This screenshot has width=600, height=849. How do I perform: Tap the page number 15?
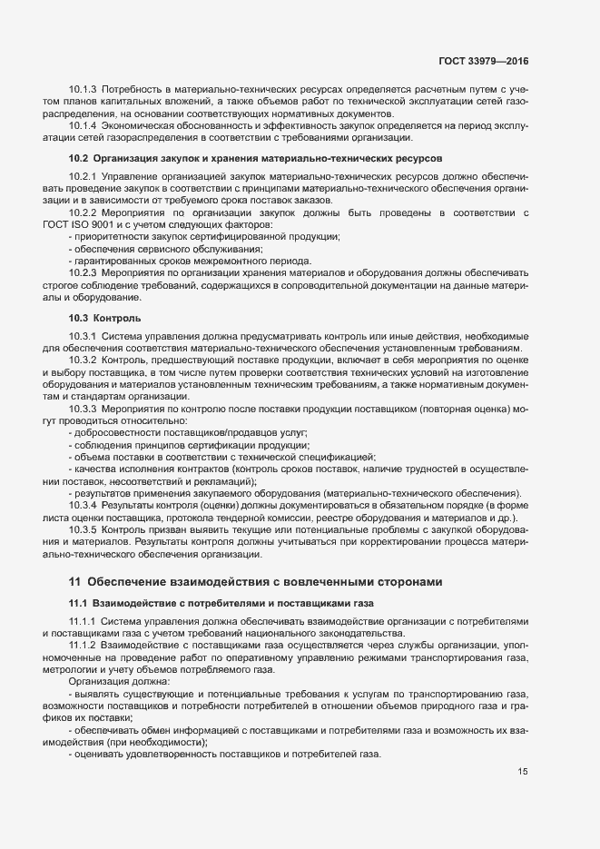tap(522, 772)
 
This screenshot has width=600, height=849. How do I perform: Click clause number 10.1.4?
tap(83, 126)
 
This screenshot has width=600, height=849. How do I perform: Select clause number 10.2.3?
tap(83, 272)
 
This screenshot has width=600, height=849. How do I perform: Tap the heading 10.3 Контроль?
tap(104, 318)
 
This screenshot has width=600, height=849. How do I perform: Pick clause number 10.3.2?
tap(83, 360)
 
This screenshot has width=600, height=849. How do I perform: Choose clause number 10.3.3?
tap(83, 409)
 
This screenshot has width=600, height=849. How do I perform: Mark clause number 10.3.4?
tap(83, 504)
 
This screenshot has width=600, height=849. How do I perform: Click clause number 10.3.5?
tap(83, 528)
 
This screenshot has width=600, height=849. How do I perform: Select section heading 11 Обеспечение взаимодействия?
tap(258, 581)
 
